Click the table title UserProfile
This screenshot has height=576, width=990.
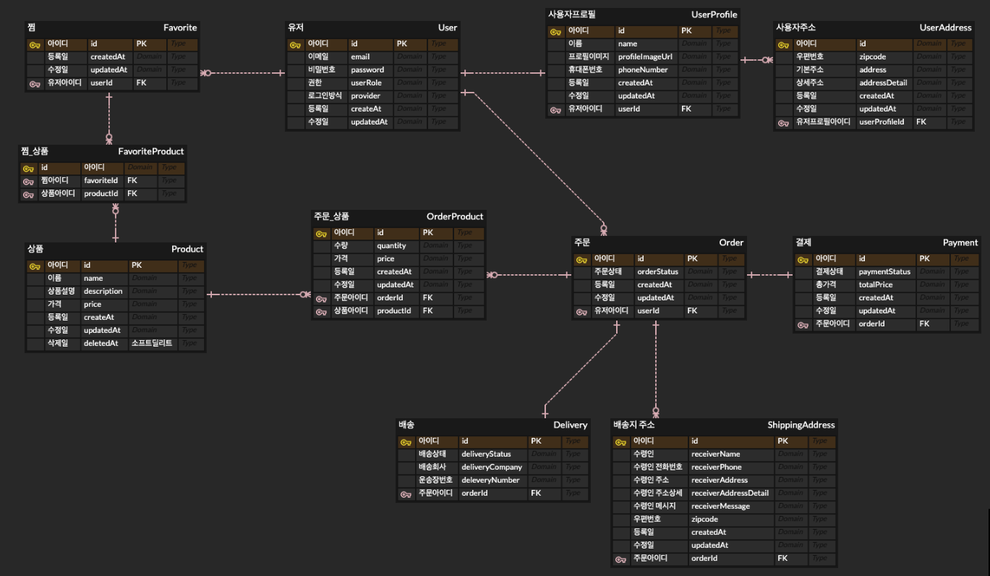[714, 14]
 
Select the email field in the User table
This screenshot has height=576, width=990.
[360, 56]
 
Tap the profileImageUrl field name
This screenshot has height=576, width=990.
[645, 56]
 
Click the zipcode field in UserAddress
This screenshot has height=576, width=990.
[873, 56]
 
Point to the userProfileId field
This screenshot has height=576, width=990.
[882, 122]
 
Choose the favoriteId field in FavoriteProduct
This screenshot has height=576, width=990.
[101, 180]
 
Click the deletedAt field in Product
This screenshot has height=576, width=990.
[101, 343]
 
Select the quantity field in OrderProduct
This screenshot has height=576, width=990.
[391, 245]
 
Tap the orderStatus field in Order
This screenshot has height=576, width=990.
[657, 271]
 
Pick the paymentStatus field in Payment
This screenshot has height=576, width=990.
[884, 271]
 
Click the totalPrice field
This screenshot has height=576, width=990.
[876, 284]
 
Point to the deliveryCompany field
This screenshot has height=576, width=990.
[492, 467]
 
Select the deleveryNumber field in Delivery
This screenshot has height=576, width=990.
[490, 480]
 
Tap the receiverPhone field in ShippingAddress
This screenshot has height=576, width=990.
[716, 467]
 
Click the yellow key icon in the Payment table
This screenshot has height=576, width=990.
[802, 259]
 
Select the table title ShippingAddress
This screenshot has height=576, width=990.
[801, 425]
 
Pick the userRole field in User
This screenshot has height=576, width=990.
[366, 82]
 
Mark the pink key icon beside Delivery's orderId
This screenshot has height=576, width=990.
[405, 494]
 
